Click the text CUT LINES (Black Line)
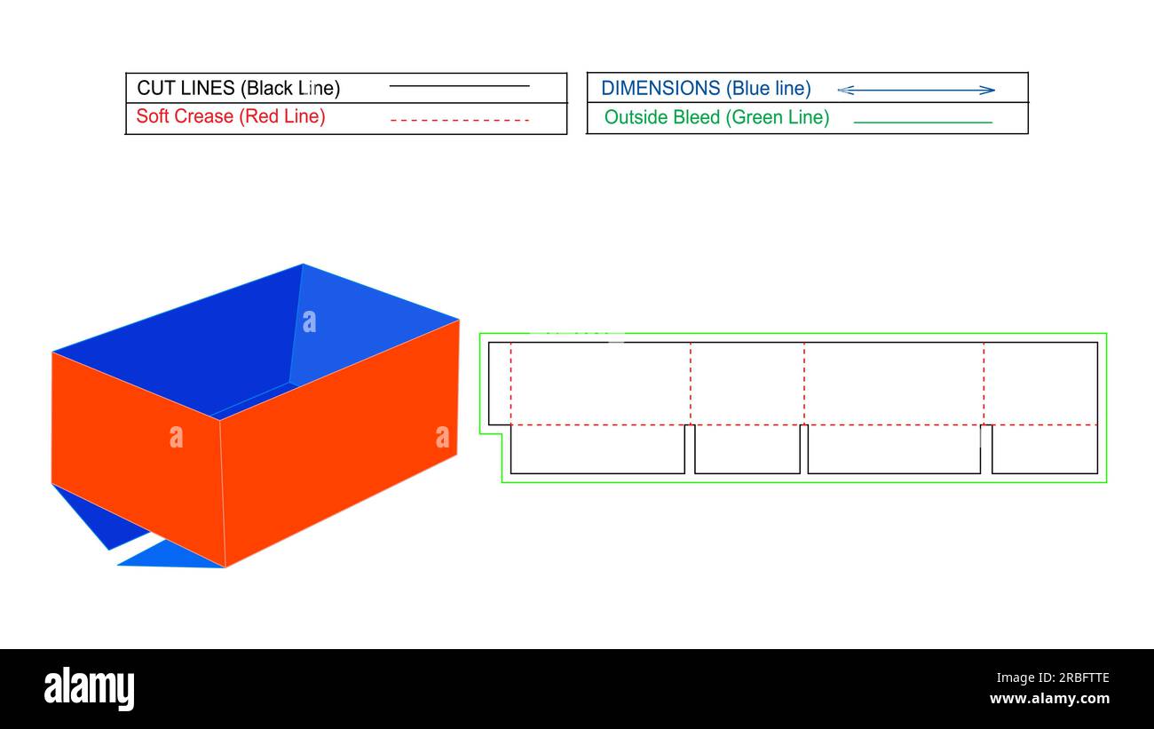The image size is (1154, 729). pyautogui.click(x=238, y=88)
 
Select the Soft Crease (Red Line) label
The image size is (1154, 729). pyautogui.click(x=231, y=116)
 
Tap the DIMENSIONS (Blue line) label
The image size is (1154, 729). pyautogui.click(x=706, y=88)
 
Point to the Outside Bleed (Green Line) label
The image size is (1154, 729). pyautogui.click(x=716, y=117)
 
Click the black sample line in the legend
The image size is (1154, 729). pyautogui.click(x=459, y=86)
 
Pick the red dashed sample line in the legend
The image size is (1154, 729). pyautogui.click(x=459, y=119)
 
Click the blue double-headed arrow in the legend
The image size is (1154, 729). pyautogui.click(x=916, y=90)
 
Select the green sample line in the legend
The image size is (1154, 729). pyautogui.click(x=922, y=122)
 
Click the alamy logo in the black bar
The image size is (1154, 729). pyautogui.click(x=90, y=689)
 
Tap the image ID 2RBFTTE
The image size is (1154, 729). pyautogui.click(x=1076, y=678)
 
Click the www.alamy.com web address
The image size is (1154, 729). pyautogui.click(x=1049, y=700)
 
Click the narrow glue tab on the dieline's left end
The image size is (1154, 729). pyautogui.click(x=500, y=383)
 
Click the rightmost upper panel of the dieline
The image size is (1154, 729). pyautogui.click(x=1040, y=383)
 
